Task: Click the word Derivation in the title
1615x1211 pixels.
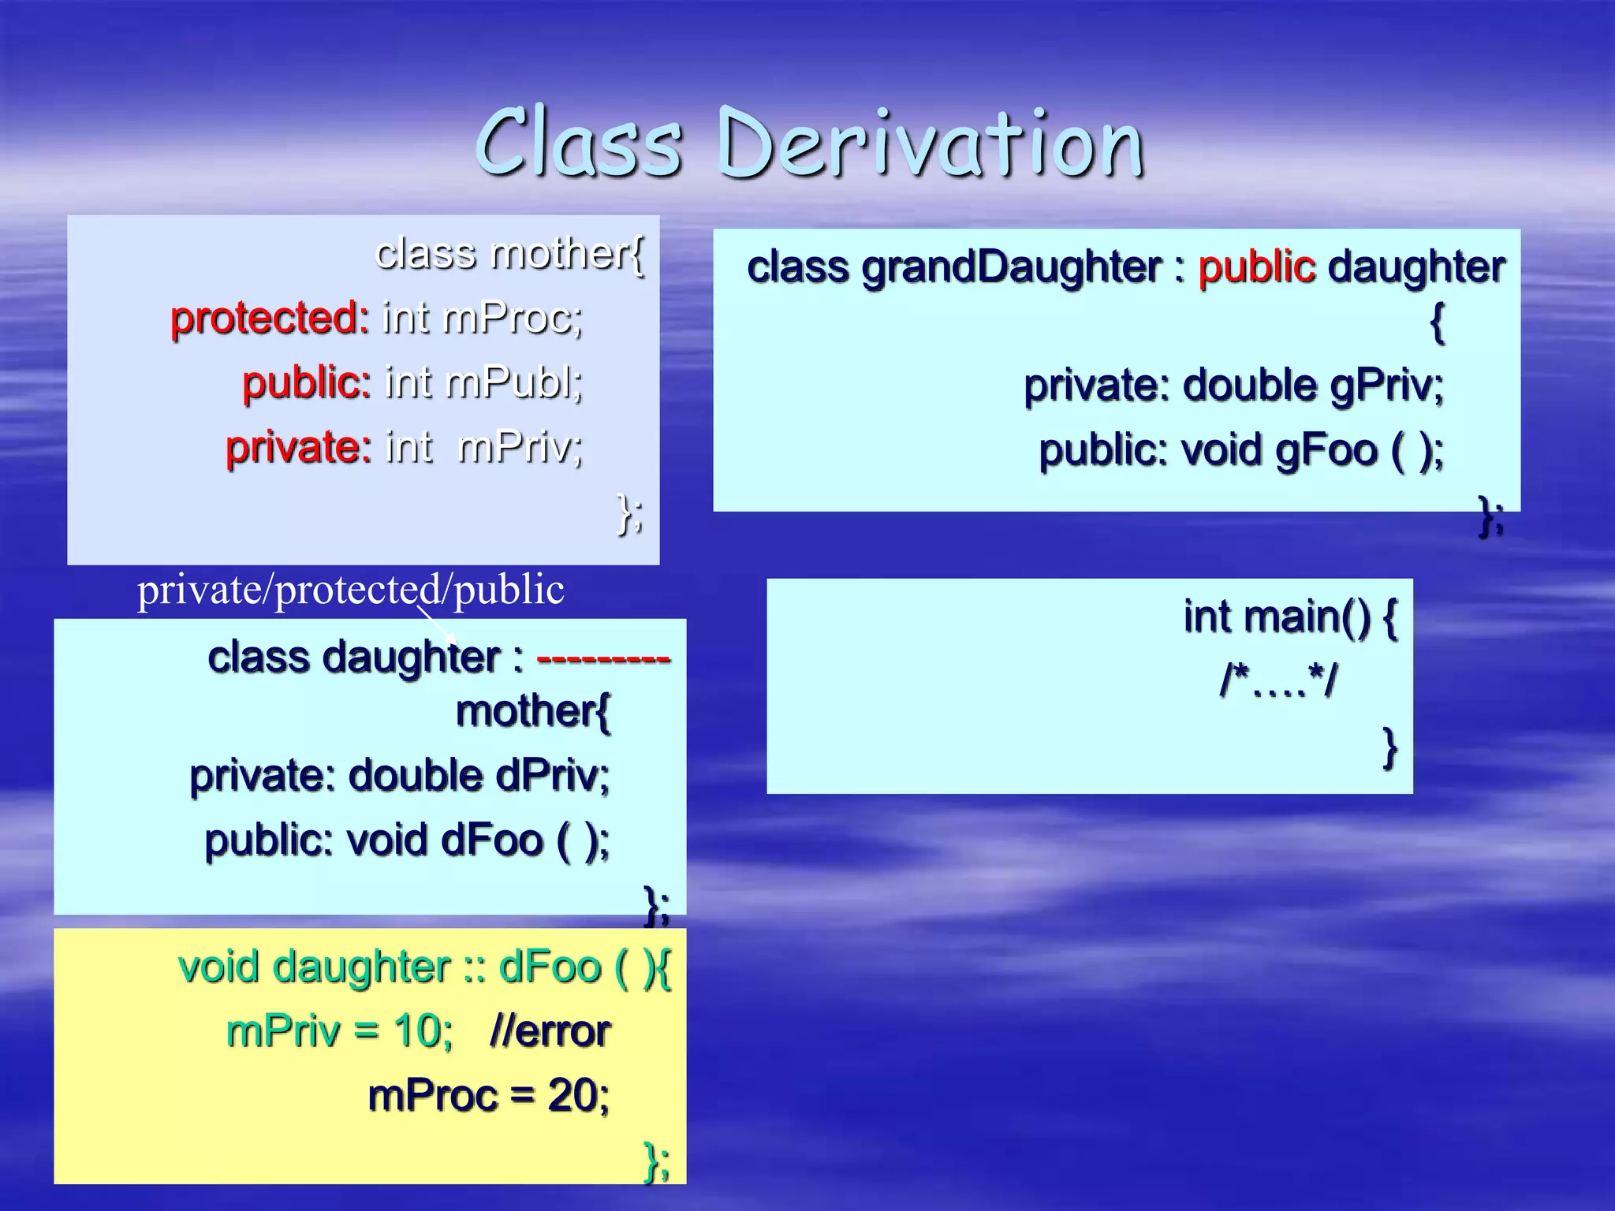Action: tap(931, 143)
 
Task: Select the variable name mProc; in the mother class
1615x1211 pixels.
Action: tap(513, 319)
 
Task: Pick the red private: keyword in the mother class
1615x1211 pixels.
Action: tap(298, 448)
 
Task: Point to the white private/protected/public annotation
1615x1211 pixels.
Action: tap(351, 590)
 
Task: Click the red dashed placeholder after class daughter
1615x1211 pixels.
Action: tap(603, 658)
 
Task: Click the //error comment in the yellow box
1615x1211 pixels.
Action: tap(550, 1031)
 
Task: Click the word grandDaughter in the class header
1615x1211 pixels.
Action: tap(1011, 268)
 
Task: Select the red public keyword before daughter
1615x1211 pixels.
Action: tap(1256, 268)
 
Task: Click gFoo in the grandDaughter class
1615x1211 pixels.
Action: tap(1326, 451)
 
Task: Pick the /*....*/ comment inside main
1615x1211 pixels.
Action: tap(1277, 680)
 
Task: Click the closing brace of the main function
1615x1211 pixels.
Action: tap(1389, 747)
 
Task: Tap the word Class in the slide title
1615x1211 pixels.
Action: tap(580, 143)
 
